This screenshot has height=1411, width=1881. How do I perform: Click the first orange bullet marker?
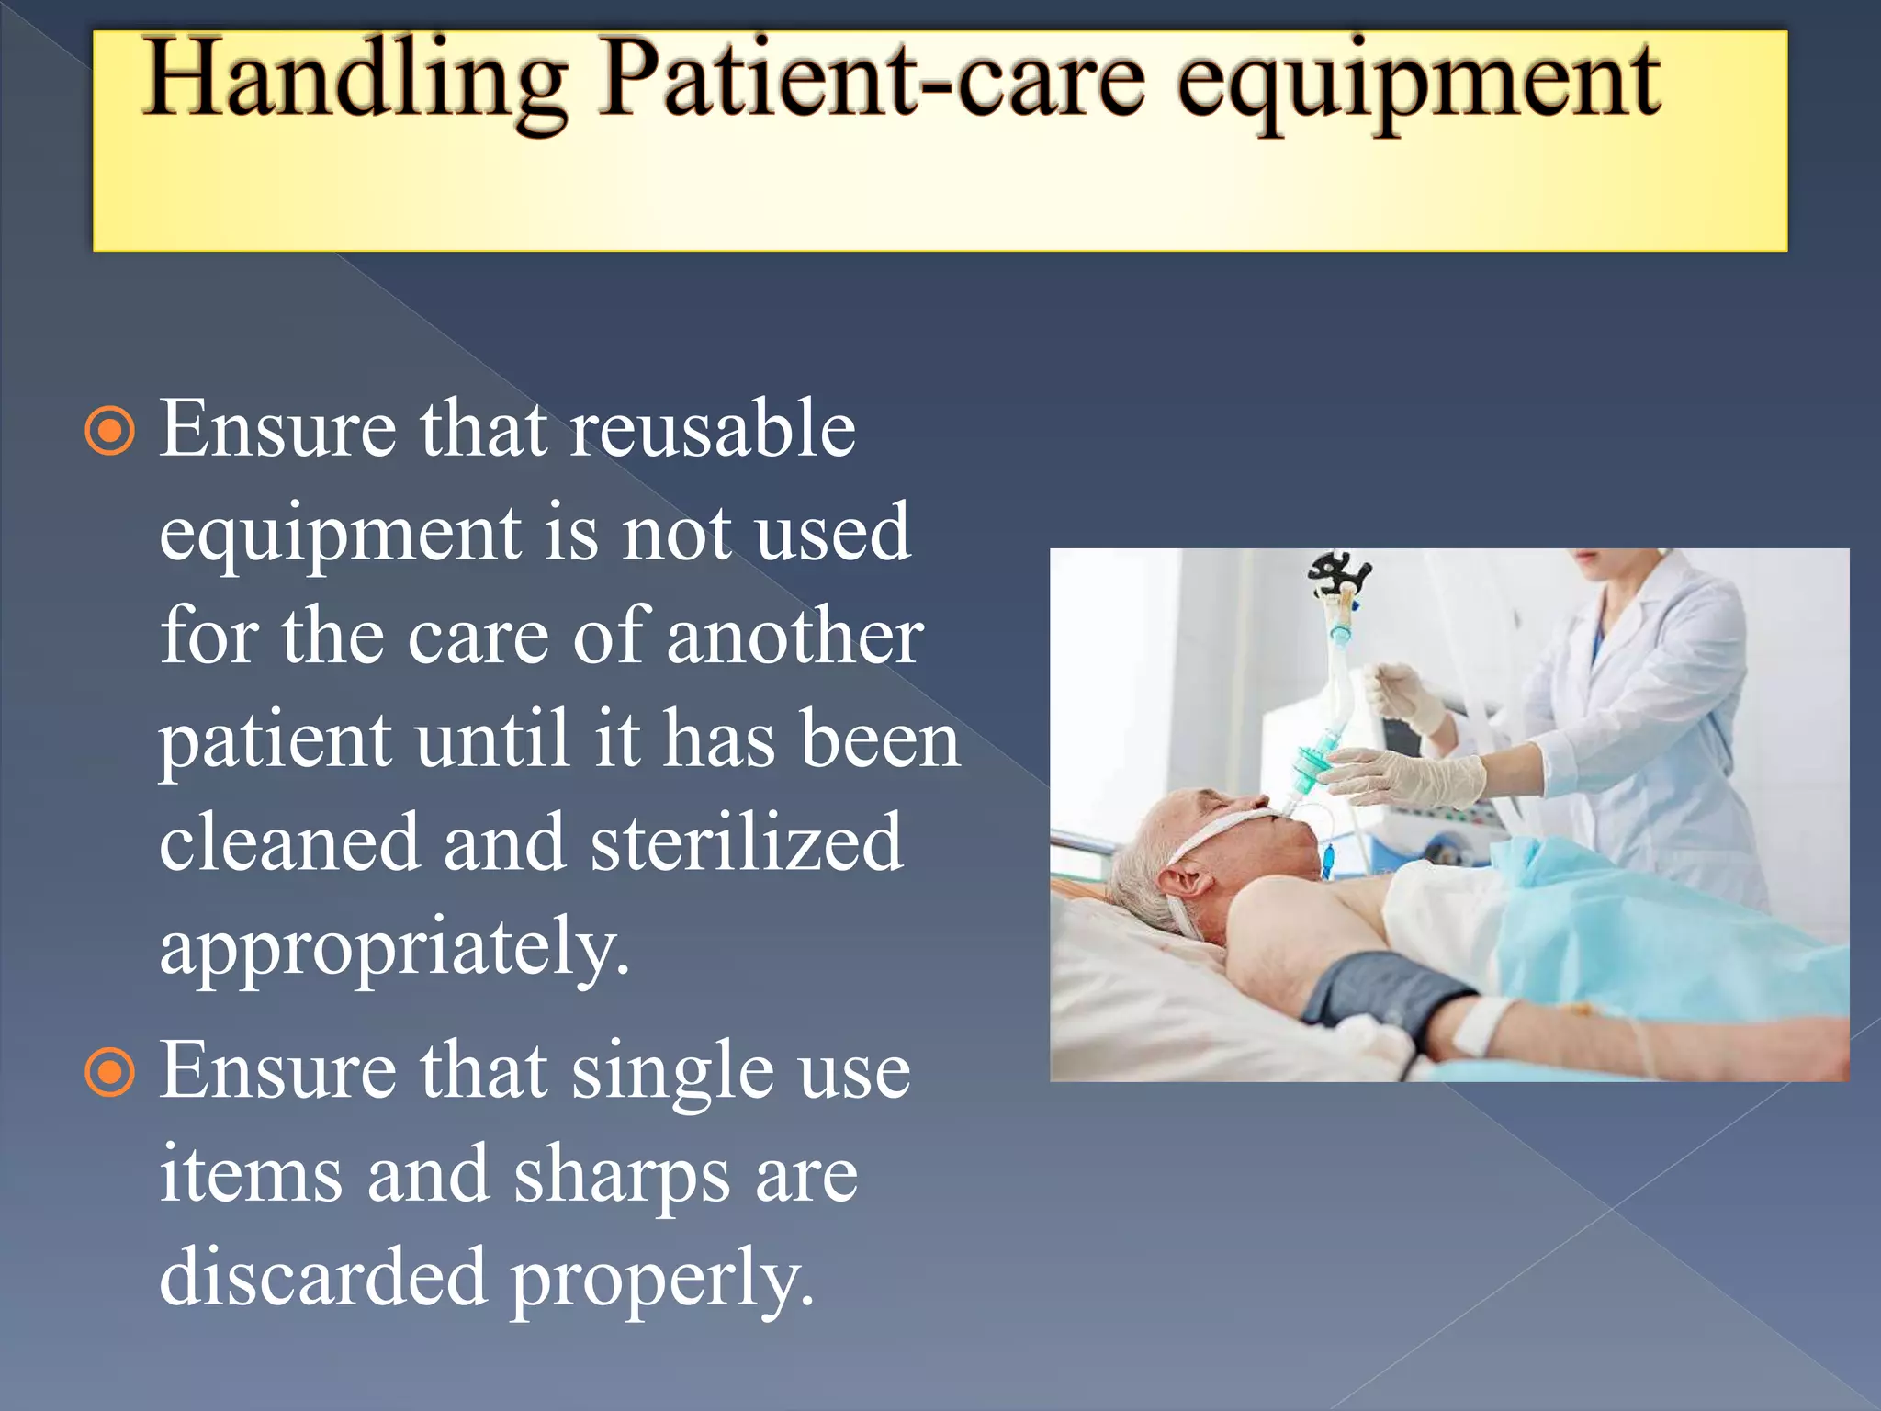pyautogui.click(x=110, y=431)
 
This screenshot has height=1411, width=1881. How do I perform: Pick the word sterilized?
pyautogui.click(x=746, y=842)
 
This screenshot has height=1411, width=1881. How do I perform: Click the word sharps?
pyautogui.click(x=621, y=1176)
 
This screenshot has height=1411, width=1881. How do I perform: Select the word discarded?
pyautogui.click(x=322, y=1277)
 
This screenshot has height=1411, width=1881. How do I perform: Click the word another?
pyautogui.click(x=794, y=637)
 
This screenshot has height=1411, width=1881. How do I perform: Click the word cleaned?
pyautogui.click(x=289, y=842)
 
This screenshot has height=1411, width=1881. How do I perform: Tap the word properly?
pyautogui.click(x=661, y=1279)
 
